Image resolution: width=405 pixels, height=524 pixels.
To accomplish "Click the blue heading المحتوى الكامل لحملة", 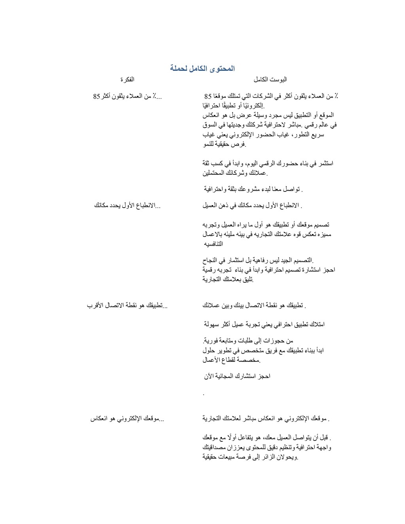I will pyautogui.click(x=202, y=68).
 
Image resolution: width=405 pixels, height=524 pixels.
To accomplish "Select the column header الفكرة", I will pyautogui.click(x=127, y=79).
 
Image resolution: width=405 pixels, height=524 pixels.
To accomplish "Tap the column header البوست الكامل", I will pyautogui.click(x=273, y=79).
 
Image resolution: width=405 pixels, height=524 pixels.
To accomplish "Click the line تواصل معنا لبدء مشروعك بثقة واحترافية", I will pyautogui.click(x=253, y=189).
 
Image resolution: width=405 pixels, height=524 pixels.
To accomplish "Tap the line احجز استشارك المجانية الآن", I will pyautogui.click(x=237, y=376).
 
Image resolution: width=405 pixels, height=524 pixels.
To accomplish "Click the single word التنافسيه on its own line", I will pyautogui.click(x=213, y=244).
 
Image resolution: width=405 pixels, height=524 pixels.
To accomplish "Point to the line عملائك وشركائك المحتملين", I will pyautogui.click(x=235, y=173).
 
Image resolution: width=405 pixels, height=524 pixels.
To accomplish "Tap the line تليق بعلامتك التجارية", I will pyautogui.click(x=228, y=279).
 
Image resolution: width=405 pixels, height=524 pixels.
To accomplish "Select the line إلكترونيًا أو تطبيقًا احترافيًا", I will pyautogui.click(x=234, y=106).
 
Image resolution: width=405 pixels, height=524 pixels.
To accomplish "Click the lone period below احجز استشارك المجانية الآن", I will pyautogui.click(x=203, y=394).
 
